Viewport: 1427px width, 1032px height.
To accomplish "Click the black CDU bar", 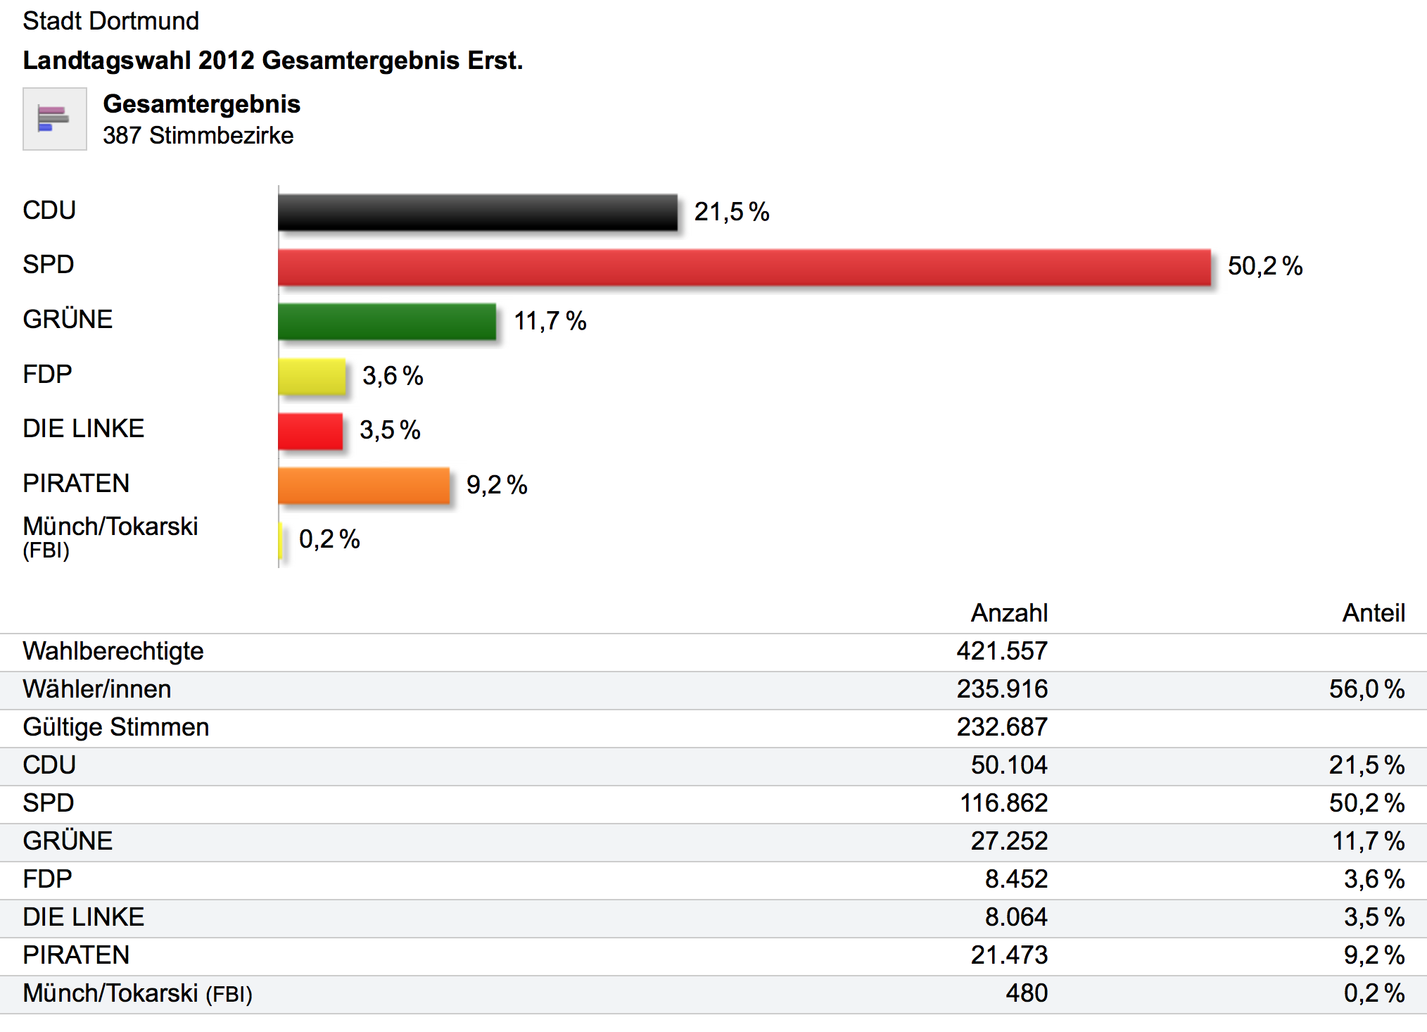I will tap(478, 212).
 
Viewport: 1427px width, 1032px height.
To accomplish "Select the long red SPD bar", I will tap(744, 267).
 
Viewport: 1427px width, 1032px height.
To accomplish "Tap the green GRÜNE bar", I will tap(387, 322).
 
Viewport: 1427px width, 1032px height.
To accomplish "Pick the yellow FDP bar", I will tap(312, 376).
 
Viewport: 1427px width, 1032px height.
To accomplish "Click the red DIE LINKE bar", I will tap(310, 431).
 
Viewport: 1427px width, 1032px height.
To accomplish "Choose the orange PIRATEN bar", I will tap(364, 485).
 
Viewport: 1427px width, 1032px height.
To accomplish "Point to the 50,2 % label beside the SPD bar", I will tap(1264, 266).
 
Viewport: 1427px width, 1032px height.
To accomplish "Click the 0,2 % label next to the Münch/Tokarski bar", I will tap(329, 539).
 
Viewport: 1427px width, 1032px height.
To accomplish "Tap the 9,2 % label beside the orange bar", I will tap(496, 485).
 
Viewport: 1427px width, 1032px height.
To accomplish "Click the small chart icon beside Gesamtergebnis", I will tap(54, 119).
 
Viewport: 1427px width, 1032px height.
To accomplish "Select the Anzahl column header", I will tap(1009, 613).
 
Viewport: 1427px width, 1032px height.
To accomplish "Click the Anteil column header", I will tap(1373, 613).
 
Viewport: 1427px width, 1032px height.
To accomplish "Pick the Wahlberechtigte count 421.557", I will tap(1001, 651).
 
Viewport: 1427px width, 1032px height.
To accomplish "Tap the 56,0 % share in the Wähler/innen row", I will tap(1366, 689).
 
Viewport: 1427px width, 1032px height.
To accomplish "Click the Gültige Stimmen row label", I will tap(116, 727).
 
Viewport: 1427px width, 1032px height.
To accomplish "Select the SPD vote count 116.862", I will tap(1003, 803).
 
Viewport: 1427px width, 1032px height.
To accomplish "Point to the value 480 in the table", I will tap(1026, 993).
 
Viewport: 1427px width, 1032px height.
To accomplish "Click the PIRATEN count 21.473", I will tap(1008, 955).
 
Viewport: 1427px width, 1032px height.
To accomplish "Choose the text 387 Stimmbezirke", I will tap(198, 135).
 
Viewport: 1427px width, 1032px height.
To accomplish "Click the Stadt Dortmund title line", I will tap(110, 21).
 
